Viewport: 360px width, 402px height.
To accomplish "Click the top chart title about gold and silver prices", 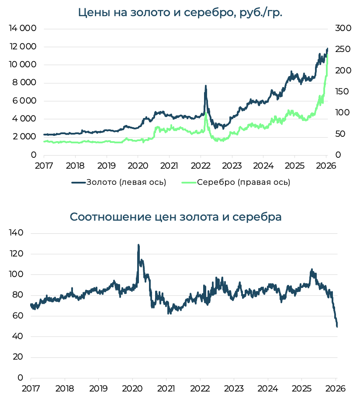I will (180, 12).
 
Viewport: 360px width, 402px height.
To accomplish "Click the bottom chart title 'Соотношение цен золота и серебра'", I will (176, 217).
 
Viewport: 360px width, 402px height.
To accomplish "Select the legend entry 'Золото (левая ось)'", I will (119, 182).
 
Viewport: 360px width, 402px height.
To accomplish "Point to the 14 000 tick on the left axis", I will (22, 28).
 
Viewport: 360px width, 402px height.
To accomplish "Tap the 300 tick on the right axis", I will (343, 28).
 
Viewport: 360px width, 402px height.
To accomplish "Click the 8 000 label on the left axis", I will (22, 83).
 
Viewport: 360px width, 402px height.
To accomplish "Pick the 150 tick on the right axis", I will (343, 91).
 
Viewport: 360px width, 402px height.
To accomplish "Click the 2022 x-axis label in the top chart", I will (201, 166).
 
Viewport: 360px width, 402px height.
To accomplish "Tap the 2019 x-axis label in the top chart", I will (106, 166).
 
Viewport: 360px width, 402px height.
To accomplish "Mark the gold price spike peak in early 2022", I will (205, 86).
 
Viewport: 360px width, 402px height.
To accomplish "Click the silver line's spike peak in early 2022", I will (206, 114).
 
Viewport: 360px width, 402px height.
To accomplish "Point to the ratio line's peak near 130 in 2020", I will (138, 245).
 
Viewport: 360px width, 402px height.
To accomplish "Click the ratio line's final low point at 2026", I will (337, 326).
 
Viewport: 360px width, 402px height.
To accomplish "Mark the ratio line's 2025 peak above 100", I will (312, 270).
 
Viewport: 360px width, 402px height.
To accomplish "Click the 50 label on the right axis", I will (341, 134).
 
